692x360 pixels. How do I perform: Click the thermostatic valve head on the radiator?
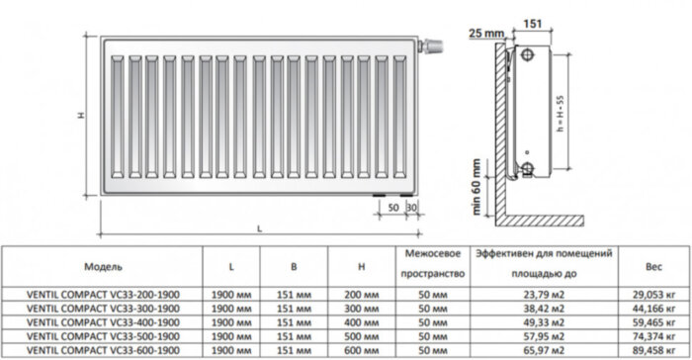pos(433,45)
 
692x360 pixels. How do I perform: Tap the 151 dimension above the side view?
pos(533,24)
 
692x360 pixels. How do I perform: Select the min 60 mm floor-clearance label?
pos(476,186)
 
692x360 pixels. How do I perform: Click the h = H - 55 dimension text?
pos(561,114)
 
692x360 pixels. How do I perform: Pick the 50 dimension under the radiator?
pos(393,207)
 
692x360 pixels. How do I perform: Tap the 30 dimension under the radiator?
pos(412,207)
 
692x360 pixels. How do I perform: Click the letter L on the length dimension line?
pos(259,228)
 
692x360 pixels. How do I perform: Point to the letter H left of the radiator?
pos(81,116)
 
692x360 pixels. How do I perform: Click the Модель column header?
pos(103,267)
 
